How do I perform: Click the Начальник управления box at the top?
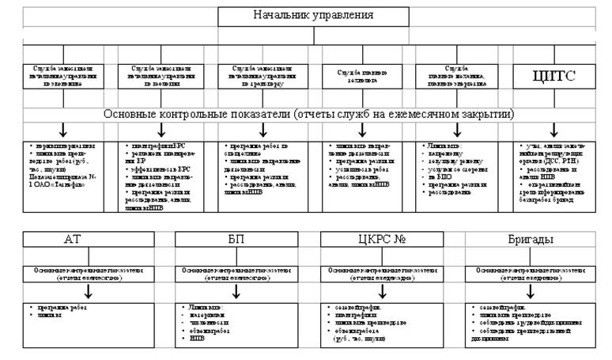tap(313, 16)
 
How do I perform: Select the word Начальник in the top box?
tap(282, 16)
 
